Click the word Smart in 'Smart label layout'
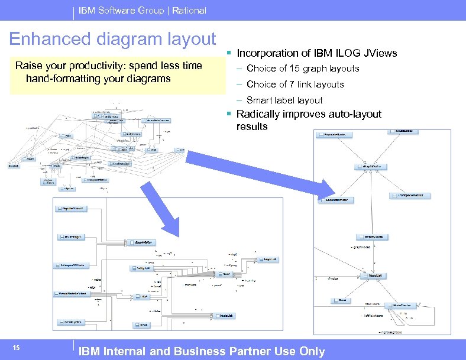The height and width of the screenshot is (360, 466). [x=259, y=100]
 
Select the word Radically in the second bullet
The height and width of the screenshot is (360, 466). [x=257, y=114]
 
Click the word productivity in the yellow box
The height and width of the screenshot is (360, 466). [x=101, y=66]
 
